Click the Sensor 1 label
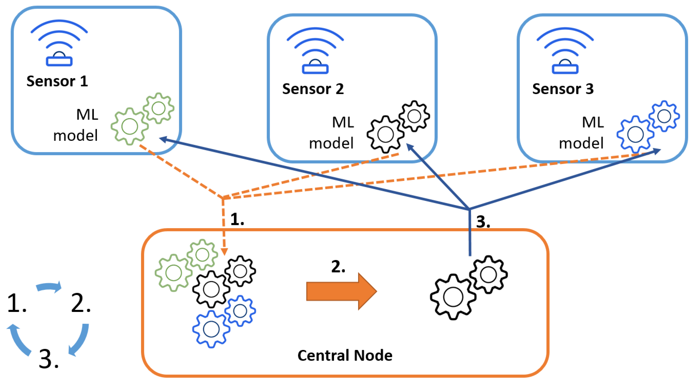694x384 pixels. (57, 81)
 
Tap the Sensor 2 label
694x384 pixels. (313, 89)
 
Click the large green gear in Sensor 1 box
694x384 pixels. (130, 126)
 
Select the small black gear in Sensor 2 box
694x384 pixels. (414, 116)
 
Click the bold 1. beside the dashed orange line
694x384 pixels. (237, 219)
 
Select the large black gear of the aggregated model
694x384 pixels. (453, 297)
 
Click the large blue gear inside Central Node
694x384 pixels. (211, 329)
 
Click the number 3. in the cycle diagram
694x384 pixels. (48, 359)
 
